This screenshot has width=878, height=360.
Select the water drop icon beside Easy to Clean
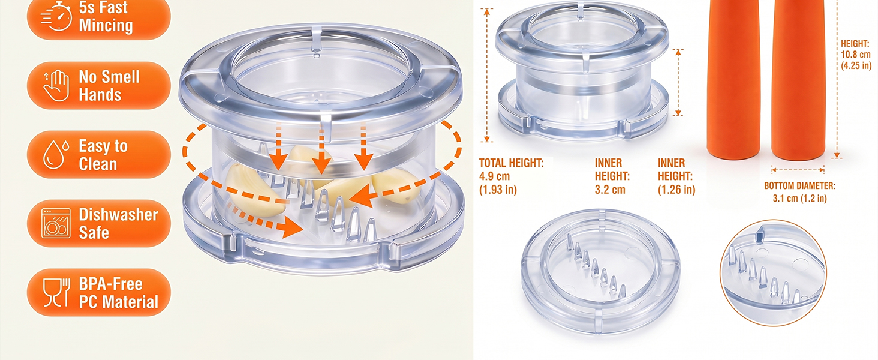point(56,155)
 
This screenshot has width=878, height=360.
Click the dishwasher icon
point(56,223)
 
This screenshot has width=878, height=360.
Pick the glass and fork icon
point(56,293)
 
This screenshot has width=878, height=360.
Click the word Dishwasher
point(118,215)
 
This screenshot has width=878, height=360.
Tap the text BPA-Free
point(110,284)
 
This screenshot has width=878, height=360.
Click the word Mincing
point(106,25)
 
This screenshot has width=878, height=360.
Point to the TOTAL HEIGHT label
point(511,163)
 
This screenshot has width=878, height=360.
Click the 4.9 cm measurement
point(494,176)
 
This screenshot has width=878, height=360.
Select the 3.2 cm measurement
point(610,190)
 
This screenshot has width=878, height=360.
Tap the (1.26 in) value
point(676,190)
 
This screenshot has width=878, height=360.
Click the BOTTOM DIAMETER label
point(799,186)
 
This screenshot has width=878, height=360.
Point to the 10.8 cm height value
point(855,55)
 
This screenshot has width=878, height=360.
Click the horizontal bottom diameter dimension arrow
point(798,170)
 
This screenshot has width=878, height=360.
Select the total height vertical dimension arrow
point(487,75)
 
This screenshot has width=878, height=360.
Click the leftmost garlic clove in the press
point(255,190)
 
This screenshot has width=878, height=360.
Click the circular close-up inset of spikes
point(773,272)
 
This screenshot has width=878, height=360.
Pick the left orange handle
point(733,79)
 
